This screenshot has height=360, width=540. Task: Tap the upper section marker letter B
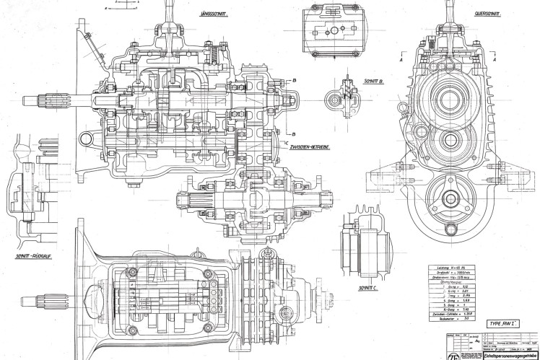click(296, 80)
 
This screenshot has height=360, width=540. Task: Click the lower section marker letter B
click(296, 134)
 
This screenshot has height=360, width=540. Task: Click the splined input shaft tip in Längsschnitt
click(32, 100)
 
